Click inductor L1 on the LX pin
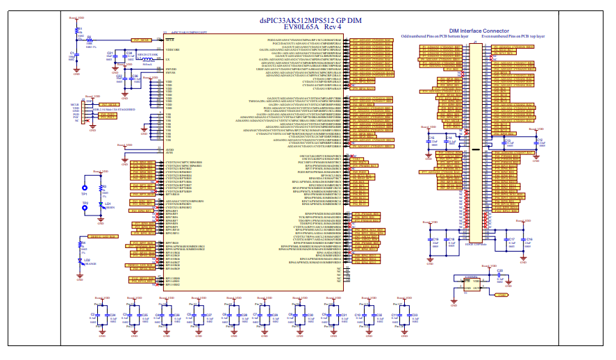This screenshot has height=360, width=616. point(147,60)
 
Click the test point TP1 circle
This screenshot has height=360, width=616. point(85,188)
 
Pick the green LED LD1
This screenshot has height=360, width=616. point(101,204)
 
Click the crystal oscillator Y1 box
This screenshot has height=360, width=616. point(472,281)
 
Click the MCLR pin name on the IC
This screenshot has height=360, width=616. point(169,41)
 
